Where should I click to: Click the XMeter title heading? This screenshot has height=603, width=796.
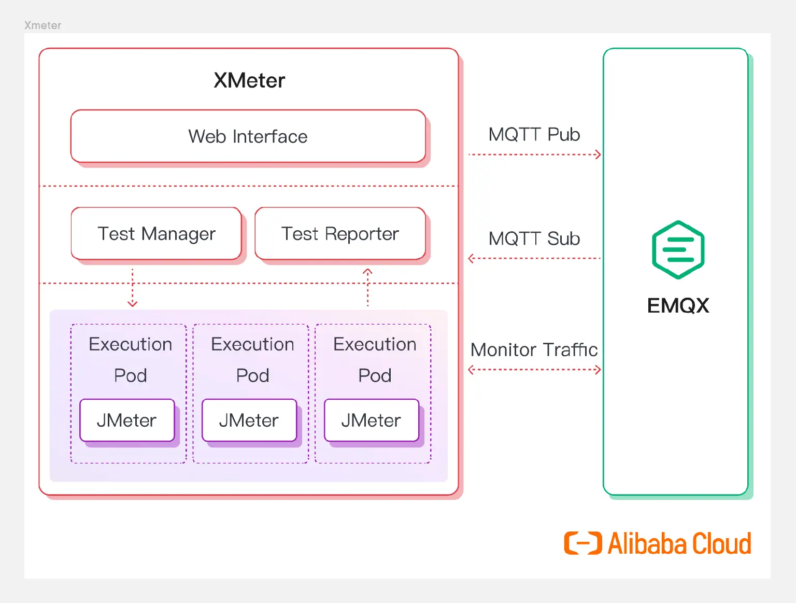(249, 81)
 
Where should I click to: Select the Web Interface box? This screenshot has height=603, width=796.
(248, 136)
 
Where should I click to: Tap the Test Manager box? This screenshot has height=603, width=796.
(156, 234)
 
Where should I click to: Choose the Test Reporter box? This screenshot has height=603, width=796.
(340, 234)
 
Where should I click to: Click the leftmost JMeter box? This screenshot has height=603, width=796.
(127, 420)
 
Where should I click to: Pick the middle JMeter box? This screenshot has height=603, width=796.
(249, 420)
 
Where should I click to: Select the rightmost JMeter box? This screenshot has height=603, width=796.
(371, 420)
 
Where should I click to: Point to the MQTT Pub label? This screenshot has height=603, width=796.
(534, 135)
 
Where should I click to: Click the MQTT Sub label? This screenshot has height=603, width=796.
(534, 239)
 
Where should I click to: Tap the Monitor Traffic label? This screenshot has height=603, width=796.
(534, 350)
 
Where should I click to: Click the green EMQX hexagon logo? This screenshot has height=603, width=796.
(678, 250)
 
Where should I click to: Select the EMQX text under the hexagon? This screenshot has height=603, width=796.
(678, 305)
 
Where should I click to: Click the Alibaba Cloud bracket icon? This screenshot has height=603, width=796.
(583, 543)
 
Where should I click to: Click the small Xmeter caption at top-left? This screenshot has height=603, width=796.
(42, 25)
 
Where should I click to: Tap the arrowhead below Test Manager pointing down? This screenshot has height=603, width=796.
(133, 303)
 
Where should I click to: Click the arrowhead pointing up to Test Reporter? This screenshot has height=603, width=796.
(367, 272)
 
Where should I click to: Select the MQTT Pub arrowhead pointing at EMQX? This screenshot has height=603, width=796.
(598, 155)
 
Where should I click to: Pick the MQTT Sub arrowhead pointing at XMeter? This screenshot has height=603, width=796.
(471, 258)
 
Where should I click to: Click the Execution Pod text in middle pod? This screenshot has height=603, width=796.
(252, 359)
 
